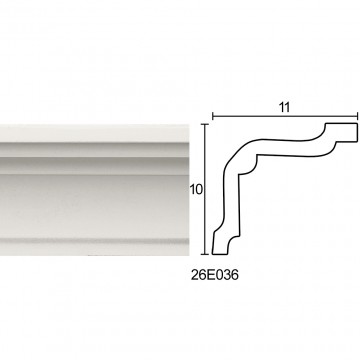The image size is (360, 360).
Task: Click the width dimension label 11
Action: click(285, 107)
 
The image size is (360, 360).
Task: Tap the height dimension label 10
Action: click(196, 190)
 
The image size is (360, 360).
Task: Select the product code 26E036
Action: click(215, 275)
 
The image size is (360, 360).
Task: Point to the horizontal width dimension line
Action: click(285, 117)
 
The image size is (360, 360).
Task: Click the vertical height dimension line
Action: click(205, 189)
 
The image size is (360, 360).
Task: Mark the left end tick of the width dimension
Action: click(213, 117)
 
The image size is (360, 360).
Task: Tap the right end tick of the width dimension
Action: click(357, 117)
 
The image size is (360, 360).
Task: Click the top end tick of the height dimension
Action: click(205, 124)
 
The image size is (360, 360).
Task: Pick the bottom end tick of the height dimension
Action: click(205, 254)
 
